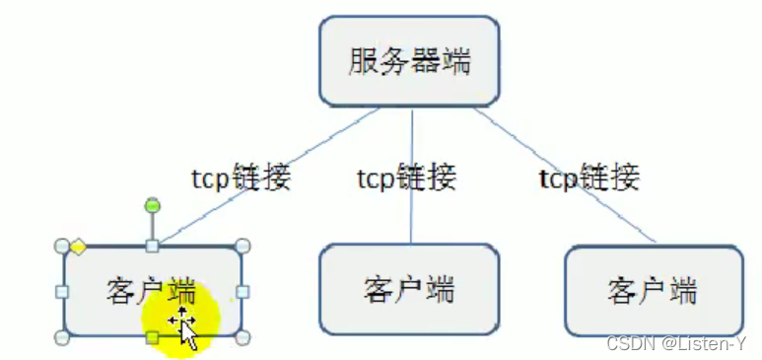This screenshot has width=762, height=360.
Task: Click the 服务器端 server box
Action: pyautogui.click(x=409, y=62)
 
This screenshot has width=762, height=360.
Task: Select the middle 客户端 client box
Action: pyautogui.click(x=409, y=290)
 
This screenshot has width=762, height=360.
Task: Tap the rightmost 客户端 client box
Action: pyautogui.click(x=654, y=291)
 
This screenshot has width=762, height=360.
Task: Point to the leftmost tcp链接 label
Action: pyautogui.click(x=241, y=179)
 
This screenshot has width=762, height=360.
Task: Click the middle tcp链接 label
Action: pyautogui.click(x=406, y=179)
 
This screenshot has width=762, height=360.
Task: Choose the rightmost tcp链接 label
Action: pyautogui.click(x=589, y=179)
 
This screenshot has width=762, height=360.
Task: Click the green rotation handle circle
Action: pyautogui.click(x=152, y=205)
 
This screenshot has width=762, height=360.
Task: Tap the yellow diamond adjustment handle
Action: pyautogui.click(x=77, y=246)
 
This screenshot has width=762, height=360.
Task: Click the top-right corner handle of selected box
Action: pyautogui.click(x=243, y=246)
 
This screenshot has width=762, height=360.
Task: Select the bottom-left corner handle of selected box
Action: pyautogui.click(x=61, y=338)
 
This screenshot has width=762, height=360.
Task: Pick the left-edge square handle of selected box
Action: pyautogui.click(x=61, y=292)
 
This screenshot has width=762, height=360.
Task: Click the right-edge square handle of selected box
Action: pyautogui.click(x=243, y=292)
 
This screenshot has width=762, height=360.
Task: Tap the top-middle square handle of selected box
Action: pyautogui.click(x=152, y=246)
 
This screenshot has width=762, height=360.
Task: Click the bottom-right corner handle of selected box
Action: pyautogui.click(x=243, y=338)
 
